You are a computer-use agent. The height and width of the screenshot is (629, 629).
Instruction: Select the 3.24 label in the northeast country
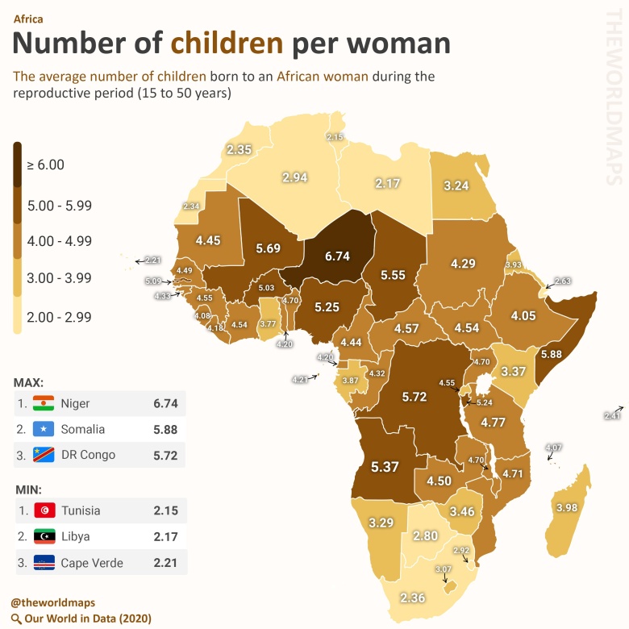(x=456, y=185)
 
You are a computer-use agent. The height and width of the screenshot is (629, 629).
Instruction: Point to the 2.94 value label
(x=295, y=177)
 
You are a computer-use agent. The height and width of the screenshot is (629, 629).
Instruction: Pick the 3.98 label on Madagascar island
(x=568, y=507)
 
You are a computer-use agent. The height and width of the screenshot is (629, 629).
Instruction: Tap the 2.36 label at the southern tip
(x=412, y=598)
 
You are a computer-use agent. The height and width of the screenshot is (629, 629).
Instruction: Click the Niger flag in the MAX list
(x=43, y=403)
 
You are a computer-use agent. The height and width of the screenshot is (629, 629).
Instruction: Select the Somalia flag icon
(x=43, y=429)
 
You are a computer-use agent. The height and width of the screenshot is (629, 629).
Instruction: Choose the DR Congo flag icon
(x=43, y=455)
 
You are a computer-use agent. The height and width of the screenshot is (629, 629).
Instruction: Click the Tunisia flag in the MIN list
(x=43, y=510)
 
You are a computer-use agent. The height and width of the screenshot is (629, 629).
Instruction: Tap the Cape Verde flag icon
(x=43, y=563)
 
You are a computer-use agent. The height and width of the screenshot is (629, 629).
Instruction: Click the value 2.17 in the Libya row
(x=165, y=536)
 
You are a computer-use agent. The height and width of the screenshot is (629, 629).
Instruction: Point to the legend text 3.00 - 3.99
(x=59, y=278)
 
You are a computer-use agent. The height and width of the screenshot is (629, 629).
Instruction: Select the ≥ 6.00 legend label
(x=45, y=165)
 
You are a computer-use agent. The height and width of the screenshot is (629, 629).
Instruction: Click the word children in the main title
(x=227, y=42)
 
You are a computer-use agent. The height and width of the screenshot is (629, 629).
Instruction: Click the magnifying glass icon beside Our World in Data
(x=15, y=619)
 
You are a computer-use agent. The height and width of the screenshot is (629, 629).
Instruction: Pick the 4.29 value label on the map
(x=464, y=264)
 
